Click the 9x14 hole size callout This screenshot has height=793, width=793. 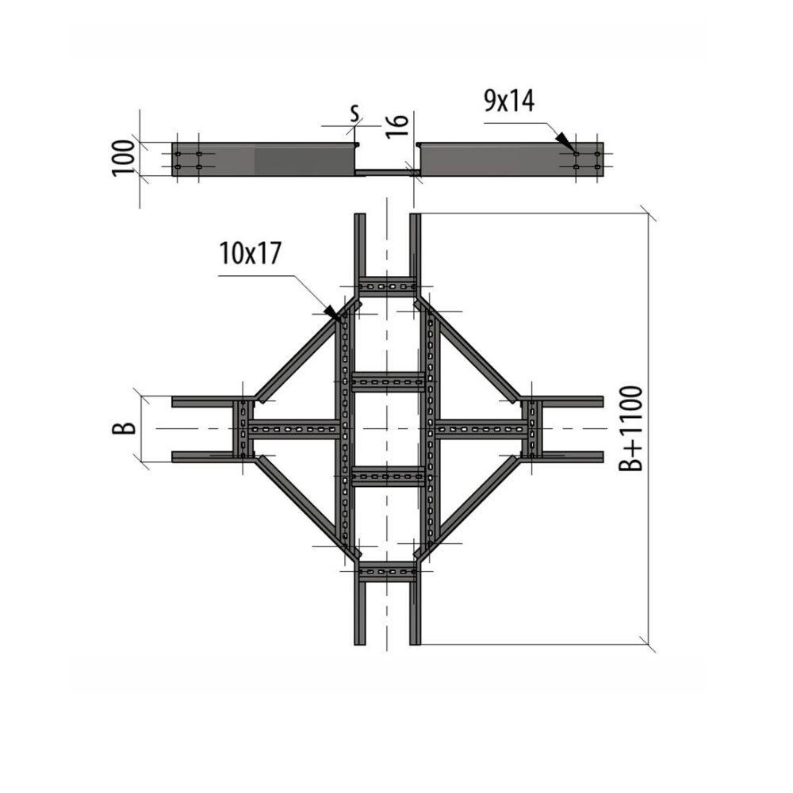click(x=509, y=102)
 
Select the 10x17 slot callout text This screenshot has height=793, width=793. click(x=251, y=254)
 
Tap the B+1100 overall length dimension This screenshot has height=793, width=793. click(x=630, y=428)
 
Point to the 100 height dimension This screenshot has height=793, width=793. click(x=124, y=159)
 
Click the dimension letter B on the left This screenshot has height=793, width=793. click(x=124, y=428)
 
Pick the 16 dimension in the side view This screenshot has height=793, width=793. click(x=397, y=125)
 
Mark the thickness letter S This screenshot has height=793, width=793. click(x=355, y=113)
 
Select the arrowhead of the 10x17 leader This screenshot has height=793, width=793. click(x=332, y=312)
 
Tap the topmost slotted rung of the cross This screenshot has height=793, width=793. click(x=387, y=287)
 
